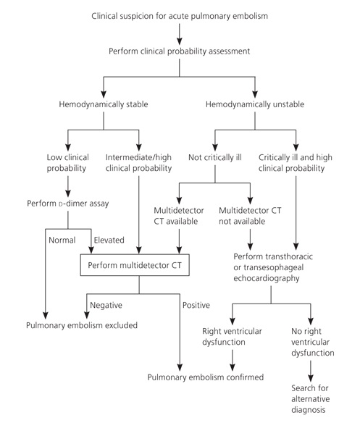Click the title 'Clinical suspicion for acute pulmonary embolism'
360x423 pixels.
pos(180,16)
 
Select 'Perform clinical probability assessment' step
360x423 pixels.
pos(179,51)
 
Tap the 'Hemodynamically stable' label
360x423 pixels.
pos(104,104)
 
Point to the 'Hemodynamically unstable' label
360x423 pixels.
pos(255,104)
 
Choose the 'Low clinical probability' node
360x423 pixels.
pos(67,163)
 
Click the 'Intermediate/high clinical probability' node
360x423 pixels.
pos(138,163)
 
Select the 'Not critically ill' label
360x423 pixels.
pos(215,157)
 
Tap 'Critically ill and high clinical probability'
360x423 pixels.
pos(296,163)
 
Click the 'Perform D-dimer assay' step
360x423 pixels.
pos(68,204)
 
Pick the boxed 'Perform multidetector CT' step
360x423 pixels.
pos(135,265)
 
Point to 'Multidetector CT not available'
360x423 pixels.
pos(250,216)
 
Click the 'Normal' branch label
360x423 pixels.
pos(62,240)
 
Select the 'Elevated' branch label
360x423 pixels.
pos(109,240)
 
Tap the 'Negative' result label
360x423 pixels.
pos(106,305)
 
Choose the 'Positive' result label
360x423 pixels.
pos(196,305)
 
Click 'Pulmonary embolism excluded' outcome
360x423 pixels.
pos(82,325)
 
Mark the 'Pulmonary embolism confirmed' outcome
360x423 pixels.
pos(206,377)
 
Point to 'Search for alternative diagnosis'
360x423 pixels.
pos(310,399)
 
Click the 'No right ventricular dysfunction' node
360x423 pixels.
pos(312,342)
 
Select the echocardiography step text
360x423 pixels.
pos(273,267)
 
